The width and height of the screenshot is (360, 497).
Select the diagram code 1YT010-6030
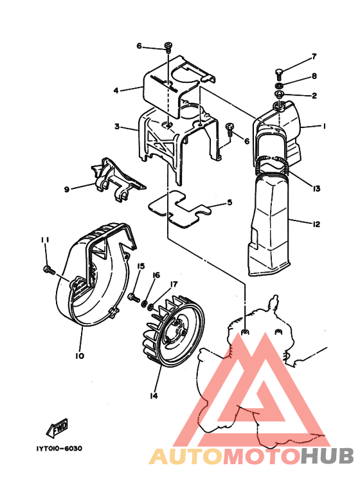coord(59,449)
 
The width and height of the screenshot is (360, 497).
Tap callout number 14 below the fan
coord(154,395)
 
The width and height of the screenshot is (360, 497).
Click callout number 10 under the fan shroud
coord(80,356)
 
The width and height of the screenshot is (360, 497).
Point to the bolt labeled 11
coord(49,270)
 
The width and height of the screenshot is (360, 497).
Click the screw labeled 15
coord(134,297)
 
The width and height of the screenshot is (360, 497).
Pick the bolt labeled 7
coord(279,73)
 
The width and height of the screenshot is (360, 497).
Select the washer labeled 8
coord(279,86)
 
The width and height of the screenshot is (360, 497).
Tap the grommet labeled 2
coord(279,94)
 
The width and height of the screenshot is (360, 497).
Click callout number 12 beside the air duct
coord(316,224)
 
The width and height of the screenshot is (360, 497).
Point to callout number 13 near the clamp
coord(316,188)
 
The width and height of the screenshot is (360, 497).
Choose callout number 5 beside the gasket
coord(230,203)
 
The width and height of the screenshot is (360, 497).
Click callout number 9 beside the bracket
coord(67,190)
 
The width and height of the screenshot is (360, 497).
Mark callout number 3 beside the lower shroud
coord(117,127)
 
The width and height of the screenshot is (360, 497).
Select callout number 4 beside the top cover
coord(116,91)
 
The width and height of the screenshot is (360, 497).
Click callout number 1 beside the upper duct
coord(324,126)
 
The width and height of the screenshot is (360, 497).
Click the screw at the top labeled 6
coord(168,48)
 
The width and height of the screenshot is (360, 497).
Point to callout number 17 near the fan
coord(174,284)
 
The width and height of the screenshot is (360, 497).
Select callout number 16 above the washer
coord(156,275)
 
